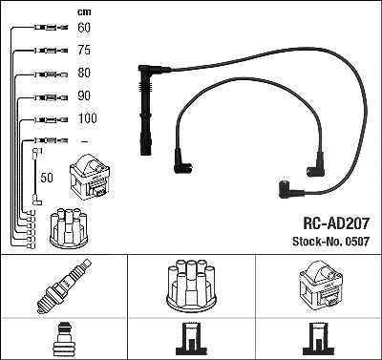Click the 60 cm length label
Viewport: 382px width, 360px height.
coord(84,28)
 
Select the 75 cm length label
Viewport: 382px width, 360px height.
coord(84,50)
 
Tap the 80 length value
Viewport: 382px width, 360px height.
coord(84,73)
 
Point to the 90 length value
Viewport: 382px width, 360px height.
coord(84,95)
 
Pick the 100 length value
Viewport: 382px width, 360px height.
coord(88,118)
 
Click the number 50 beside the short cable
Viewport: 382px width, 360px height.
coord(47,178)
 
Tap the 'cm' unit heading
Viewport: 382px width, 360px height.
coord(84,12)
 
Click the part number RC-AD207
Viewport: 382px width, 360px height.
coord(336,223)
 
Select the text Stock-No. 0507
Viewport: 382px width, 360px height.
coord(330,242)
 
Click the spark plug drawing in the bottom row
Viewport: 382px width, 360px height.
coord(64,286)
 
